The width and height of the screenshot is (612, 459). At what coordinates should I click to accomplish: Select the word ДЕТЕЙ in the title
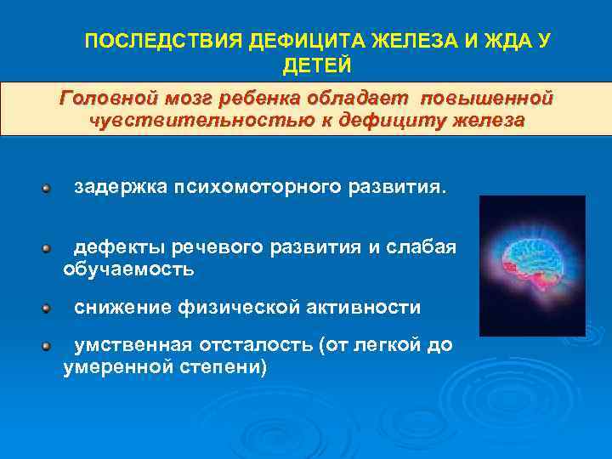tap(315, 65)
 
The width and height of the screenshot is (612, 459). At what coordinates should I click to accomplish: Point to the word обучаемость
tap(128, 269)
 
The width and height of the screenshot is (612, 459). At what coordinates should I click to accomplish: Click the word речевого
tap(219, 247)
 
